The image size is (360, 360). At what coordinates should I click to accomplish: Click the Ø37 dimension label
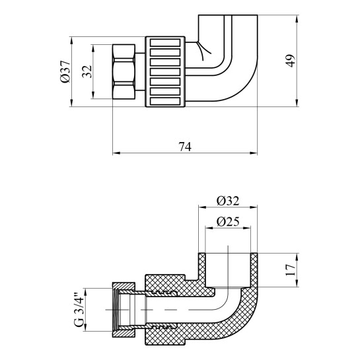point(65,71)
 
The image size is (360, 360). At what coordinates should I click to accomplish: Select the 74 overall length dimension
point(185,147)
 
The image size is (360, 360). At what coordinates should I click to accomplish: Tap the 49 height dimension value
point(291,61)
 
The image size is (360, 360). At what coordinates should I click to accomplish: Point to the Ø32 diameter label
point(228,201)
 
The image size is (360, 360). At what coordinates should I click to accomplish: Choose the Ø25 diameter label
point(228,221)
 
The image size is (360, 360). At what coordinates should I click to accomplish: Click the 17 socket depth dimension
point(291,270)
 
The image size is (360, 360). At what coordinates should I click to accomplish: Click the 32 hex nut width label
point(87,71)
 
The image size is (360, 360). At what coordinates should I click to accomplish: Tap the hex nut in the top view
point(124,71)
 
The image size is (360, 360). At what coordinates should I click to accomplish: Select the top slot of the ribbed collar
point(165,43)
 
